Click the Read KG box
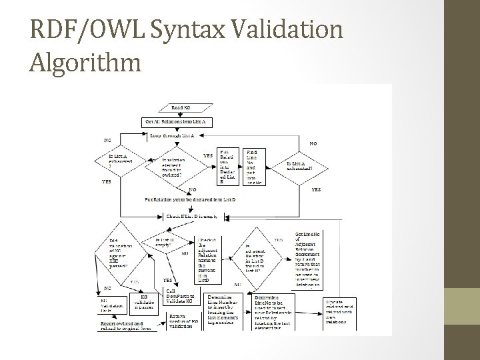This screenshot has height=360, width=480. pyautogui.click(x=181, y=107)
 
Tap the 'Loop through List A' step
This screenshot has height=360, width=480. pyautogui.click(x=172, y=136)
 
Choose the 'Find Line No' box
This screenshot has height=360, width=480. pyautogui.click(x=255, y=167)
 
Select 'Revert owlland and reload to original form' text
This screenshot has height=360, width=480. pyautogui.click(x=119, y=325)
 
